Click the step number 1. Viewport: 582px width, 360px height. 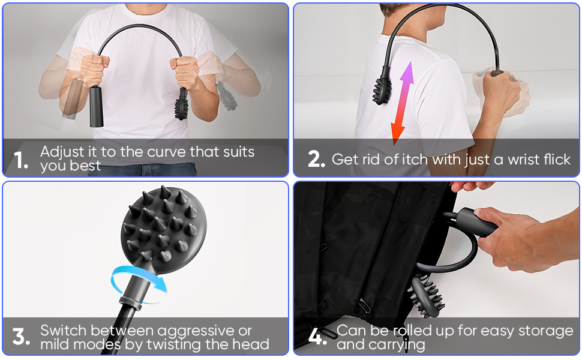click(x=20, y=160)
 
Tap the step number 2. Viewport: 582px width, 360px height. click(x=316, y=159)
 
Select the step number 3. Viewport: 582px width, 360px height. click(x=21, y=337)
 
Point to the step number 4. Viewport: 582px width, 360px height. click(x=317, y=337)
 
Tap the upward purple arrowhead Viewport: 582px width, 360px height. click(x=407, y=73)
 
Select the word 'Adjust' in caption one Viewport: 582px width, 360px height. click(x=62, y=152)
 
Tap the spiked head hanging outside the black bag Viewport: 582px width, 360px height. click(x=425, y=295)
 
